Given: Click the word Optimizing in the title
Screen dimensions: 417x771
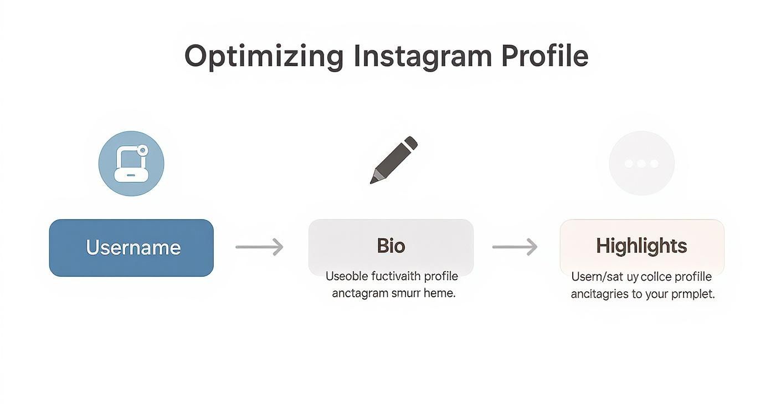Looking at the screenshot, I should (x=264, y=56).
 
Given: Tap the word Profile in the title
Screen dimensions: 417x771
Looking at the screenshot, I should (x=544, y=56).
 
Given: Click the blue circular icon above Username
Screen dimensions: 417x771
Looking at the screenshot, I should (x=131, y=164).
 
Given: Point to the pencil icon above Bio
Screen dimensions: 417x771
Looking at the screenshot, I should (x=394, y=160).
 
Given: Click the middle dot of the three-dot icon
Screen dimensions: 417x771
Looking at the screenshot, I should (x=641, y=164).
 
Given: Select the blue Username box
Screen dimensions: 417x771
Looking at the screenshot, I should (x=131, y=248).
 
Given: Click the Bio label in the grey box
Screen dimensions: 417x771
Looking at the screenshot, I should (x=391, y=246).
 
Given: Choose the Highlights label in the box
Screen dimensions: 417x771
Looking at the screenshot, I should (x=641, y=246).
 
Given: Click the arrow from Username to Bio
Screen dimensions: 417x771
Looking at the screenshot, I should (x=259, y=247).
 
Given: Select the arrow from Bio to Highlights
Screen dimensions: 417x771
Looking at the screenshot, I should (x=515, y=247).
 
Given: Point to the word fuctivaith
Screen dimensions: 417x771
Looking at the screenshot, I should (x=394, y=276).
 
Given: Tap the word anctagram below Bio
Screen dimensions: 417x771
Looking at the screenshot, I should (x=359, y=293).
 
